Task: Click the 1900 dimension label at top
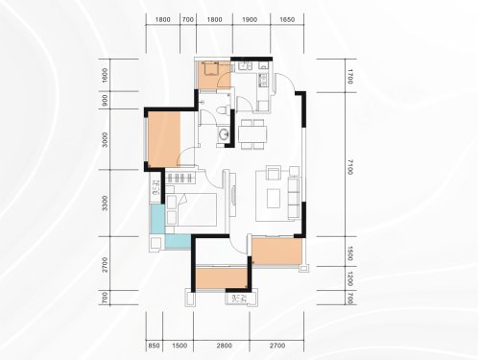coord(250,19)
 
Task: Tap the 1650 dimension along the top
coord(287,19)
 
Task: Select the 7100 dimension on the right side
coord(349,167)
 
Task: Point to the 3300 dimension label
coord(105,204)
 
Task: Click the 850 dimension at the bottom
coord(154,346)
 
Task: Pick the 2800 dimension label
coord(224,346)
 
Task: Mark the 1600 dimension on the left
coord(105,76)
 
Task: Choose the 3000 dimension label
coord(105,139)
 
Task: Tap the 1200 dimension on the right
coord(349,278)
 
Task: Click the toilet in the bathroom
coord(222,110)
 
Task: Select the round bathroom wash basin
coord(223,133)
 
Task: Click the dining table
coord(252,134)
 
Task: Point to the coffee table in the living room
coord(274,198)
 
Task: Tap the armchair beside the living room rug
coord(274,173)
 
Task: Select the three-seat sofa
coord(294,199)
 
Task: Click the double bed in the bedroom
coord(191,209)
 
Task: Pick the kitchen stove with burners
coord(264,81)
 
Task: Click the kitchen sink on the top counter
coord(246,66)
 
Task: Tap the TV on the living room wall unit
coord(233,195)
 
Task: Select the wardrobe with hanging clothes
coord(180,178)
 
